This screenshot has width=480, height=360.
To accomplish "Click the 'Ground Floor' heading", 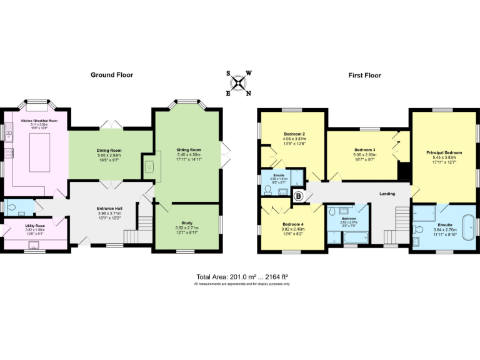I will pyautogui.click(x=111, y=75).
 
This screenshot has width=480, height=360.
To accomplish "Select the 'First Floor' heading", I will pyautogui.click(x=364, y=75).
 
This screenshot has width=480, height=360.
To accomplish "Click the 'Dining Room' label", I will pyautogui.click(x=109, y=151).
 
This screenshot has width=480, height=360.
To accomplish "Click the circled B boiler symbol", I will pyautogui.click(x=298, y=197).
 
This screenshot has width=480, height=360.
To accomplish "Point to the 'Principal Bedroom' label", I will pyautogui.click(x=444, y=152).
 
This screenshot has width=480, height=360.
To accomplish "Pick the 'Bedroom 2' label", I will pyautogui.click(x=294, y=134).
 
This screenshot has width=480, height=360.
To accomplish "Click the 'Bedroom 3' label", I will pyautogui.click(x=364, y=150).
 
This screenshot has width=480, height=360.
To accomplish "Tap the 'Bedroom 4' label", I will pyautogui.click(x=293, y=224).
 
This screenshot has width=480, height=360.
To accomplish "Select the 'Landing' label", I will pyautogui.click(x=387, y=194).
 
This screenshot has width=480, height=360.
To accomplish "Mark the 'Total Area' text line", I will pyautogui.click(x=240, y=276).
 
